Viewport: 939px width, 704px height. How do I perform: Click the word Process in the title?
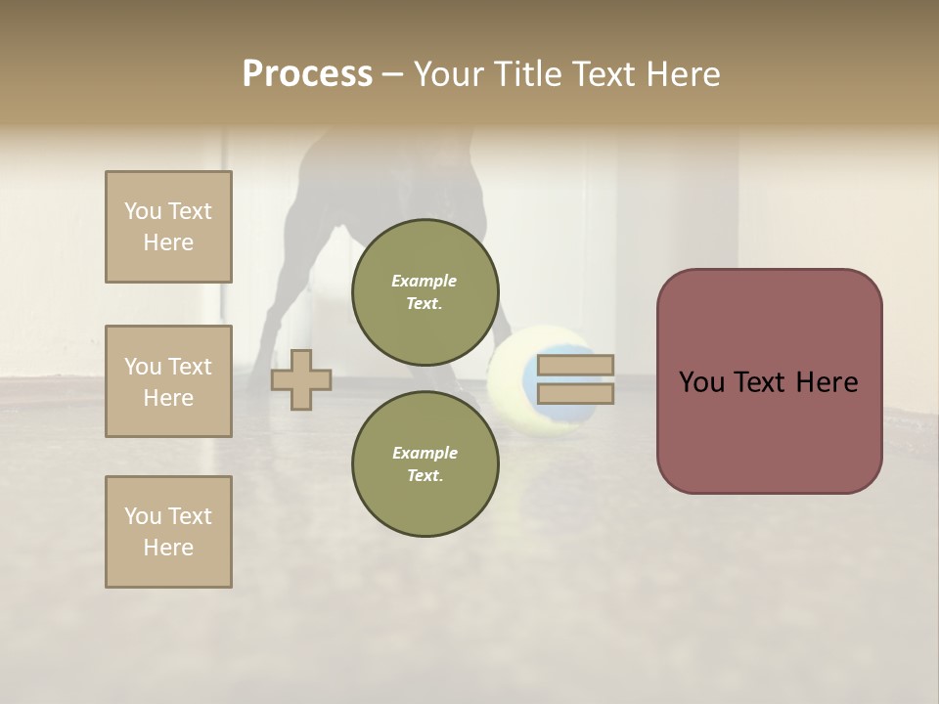click(307, 74)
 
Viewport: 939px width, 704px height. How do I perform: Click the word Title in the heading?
click(527, 74)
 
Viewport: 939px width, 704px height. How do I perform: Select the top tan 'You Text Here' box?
click(168, 227)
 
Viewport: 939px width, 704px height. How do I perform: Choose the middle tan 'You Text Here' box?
click(168, 381)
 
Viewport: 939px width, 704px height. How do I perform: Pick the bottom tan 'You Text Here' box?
click(168, 532)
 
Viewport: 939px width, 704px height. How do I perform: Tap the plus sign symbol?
click(301, 379)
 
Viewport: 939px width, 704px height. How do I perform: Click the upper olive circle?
click(425, 291)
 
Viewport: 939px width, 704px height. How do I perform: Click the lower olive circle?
click(425, 463)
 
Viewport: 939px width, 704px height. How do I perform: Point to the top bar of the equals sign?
click(575, 366)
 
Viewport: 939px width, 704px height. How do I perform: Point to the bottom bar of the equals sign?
click(575, 393)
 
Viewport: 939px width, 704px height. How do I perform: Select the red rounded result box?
click(769, 381)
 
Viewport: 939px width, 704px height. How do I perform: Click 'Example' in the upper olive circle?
click(425, 281)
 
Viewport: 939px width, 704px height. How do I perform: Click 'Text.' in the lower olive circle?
click(425, 475)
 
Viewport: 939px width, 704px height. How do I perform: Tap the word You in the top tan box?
click(142, 211)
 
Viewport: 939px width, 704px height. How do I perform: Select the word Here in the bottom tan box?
click(168, 548)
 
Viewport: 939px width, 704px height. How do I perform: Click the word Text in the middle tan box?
click(190, 367)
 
